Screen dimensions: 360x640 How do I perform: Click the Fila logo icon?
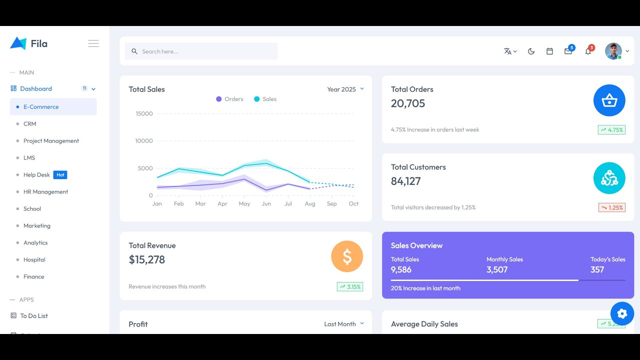click(x=18, y=43)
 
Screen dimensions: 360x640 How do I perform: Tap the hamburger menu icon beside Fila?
click(x=93, y=43)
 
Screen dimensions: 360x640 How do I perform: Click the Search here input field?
click(x=201, y=51)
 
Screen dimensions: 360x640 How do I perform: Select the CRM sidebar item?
click(x=29, y=124)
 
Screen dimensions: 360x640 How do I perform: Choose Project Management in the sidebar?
click(x=51, y=141)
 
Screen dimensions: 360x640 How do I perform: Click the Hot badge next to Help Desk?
click(x=60, y=175)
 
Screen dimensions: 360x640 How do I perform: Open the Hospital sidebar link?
click(x=34, y=260)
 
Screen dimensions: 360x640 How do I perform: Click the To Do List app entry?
click(x=33, y=316)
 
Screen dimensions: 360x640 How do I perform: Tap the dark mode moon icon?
click(x=531, y=51)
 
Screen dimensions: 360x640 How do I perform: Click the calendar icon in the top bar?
click(x=549, y=51)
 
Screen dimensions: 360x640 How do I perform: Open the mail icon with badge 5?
click(x=568, y=51)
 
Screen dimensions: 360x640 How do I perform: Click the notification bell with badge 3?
click(x=588, y=51)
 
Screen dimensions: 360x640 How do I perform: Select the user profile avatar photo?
click(x=613, y=51)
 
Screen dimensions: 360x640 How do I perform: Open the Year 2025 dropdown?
click(x=345, y=89)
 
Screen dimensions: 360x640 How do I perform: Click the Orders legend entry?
click(x=229, y=99)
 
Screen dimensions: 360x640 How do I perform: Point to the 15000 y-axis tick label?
click(x=144, y=114)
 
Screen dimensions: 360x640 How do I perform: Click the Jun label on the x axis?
click(x=266, y=204)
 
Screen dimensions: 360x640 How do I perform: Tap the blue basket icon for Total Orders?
click(x=609, y=100)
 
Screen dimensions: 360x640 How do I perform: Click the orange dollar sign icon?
click(x=347, y=256)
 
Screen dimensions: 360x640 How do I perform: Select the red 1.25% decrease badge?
click(x=611, y=207)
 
